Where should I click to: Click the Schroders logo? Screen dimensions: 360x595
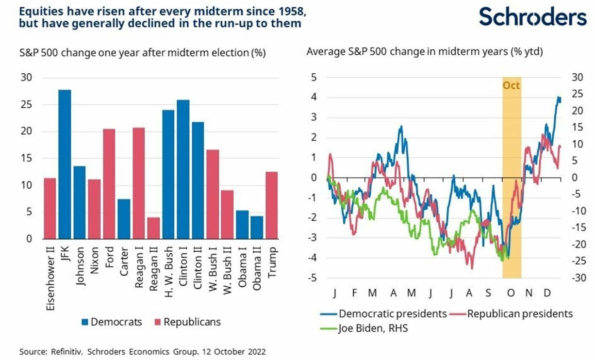pyautogui.click(x=532, y=16)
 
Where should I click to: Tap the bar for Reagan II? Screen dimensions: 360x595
pyautogui.click(x=153, y=228)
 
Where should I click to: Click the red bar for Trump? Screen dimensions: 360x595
pyautogui.click(x=272, y=205)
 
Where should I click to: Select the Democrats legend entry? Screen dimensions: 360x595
pyautogui.click(x=111, y=322)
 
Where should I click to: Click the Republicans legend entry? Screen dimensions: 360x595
pyautogui.click(x=186, y=322)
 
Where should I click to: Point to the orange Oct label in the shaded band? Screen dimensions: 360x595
pyautogui.click(x=511, y=86)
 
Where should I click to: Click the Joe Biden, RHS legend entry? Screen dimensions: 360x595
pyautogui.click(x=367, y=328)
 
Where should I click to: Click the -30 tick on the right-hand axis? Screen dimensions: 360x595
pyautogui.click(x=578, y=278)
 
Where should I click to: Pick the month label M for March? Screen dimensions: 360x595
pyautogui.click(x=372, y=293)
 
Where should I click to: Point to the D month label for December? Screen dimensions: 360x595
pyautogui.click(x=547, y=293)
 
